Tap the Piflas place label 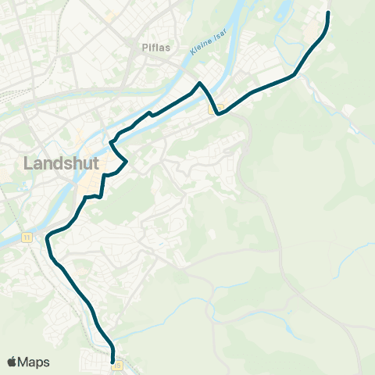(x=156, y=48)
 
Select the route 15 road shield (x=117, y=364)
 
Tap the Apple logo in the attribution (x=12, y=362)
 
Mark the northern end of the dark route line (x=328, y=12)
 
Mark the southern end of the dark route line (x=113, y=362)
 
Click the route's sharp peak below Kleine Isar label (x=201, y=83)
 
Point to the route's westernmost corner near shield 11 (x=48, y=236)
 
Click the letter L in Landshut (x=30, y=163)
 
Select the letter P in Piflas (x=145, y=48)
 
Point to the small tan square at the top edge (x=111, y=16)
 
